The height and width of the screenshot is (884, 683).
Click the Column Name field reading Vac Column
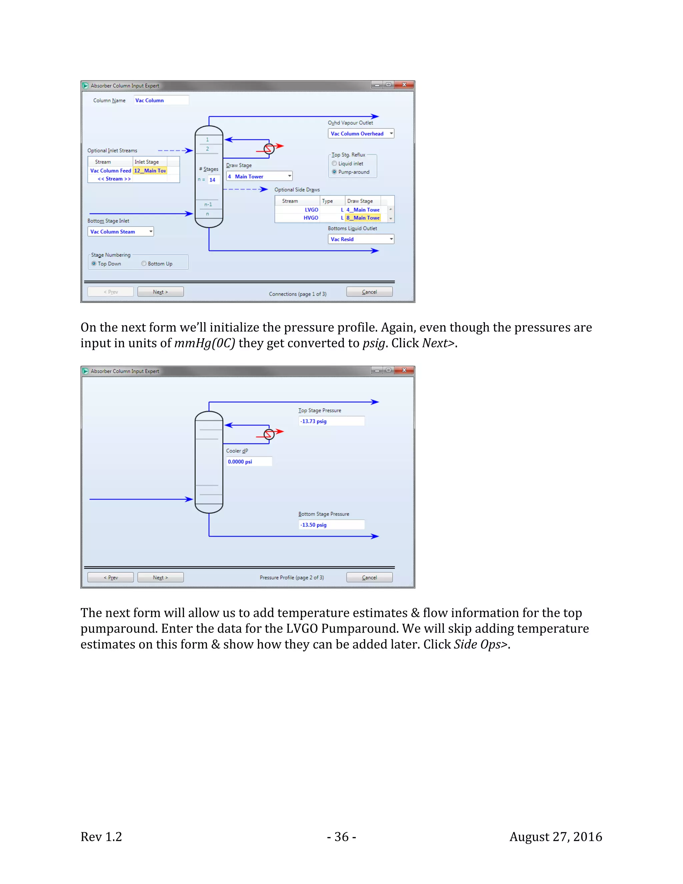coord(161,100)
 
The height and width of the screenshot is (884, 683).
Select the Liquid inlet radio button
coord(334,163)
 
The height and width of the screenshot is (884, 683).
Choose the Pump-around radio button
coord(334,172)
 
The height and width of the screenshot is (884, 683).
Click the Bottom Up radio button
coord(144,264)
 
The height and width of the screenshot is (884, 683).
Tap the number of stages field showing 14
coord(213,180)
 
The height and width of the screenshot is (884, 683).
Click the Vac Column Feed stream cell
coord(110,171)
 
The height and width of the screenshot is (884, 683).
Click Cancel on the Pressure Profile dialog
coord(369,577)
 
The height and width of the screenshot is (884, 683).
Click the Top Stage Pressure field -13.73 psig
coord(331,421)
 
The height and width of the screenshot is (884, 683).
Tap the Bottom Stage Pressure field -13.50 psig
coord(331,525)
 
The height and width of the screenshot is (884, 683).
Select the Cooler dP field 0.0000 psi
coord(248,462)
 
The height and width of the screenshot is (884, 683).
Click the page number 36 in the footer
coord(341,837)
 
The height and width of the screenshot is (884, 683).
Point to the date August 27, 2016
coord(555,837)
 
